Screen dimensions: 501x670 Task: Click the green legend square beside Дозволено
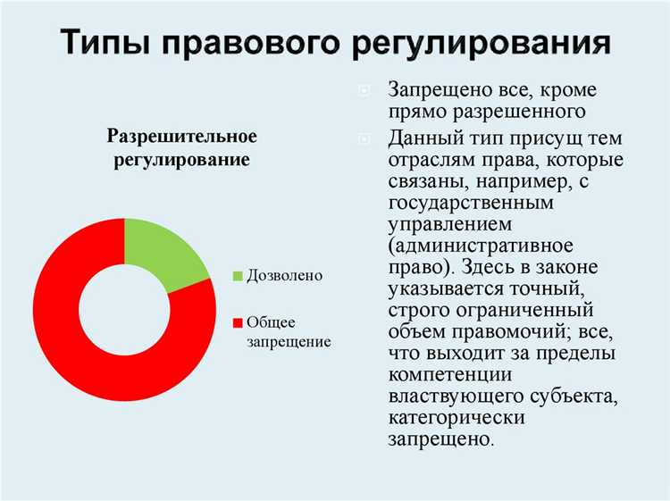pos(238,276)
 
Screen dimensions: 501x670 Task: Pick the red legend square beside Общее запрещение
pos(238,321)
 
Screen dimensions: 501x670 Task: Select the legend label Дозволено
pos(283,276)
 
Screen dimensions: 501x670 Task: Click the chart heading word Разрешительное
pos(182,137)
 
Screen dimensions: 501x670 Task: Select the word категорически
pos(456,417)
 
